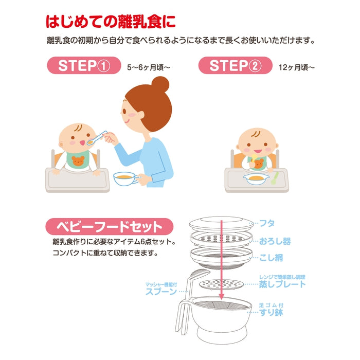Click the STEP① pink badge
pos(84,65)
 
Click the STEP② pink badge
pos(236,65)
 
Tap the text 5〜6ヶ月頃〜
pos(149,67)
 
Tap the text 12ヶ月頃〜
pos(296,67)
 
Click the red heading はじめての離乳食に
pos(111,22)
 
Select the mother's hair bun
pos(160,84)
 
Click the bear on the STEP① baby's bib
pos(78,160)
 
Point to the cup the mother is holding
pos(125,179)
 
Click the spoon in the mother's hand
pos(97,138)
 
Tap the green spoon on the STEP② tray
pos(275,178)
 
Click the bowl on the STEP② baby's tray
pos(257,179)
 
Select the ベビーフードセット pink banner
pos(109,227)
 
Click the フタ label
pos(267,223)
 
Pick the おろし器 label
pos(275,241)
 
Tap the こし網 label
pos(271,258)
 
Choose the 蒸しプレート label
pos(282,284)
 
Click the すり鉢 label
pos(271,312)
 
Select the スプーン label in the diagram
pos(161,292)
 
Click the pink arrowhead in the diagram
pos(221,297)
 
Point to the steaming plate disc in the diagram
pos(221,285)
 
